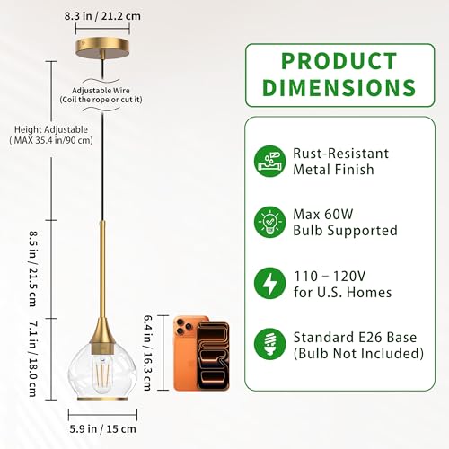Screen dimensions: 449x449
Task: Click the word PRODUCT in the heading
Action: click(339, 61)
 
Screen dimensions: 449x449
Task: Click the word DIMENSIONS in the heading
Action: click(339, 87)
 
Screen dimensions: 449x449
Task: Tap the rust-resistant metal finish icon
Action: click(269, 161)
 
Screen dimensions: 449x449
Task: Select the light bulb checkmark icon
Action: click(269, 222)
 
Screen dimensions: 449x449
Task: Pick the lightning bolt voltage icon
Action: click(269, 283)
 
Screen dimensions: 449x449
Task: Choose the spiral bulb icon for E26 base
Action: click(269, 344)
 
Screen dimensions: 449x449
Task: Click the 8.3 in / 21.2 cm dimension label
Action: click(102, 16)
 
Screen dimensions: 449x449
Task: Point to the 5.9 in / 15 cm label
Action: click(102, 428)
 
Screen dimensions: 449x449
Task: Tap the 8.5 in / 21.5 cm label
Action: click(33, 269)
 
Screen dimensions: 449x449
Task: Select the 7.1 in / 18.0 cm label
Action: click(33, 359)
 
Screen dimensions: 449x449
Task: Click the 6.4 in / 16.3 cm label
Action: click(146, 353)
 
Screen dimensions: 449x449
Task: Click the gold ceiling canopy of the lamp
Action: click(102, 47)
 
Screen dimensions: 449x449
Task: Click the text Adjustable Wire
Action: click(101, 91)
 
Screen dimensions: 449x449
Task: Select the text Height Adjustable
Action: click(51, 129)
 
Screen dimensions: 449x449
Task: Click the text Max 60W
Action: click(323, 215)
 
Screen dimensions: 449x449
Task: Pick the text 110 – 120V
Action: click(330, 276)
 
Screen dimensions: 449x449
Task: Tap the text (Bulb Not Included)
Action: click(358, 354)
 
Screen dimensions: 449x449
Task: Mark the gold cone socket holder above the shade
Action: click(102, 331)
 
